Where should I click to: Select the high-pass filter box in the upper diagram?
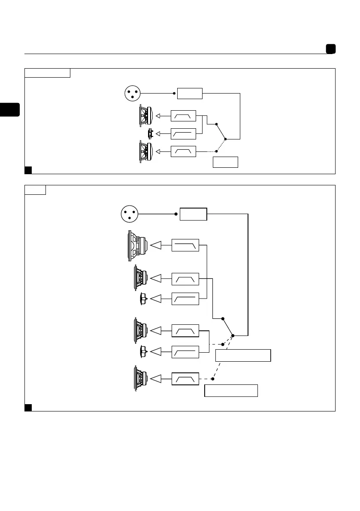[x=183, y=134]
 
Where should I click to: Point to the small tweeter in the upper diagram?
[x=150, y=134]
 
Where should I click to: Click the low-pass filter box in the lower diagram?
[x=185, y=245]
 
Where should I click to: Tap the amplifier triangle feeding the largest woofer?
[x=157, y=245]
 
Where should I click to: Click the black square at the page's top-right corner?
[x=330, y=49]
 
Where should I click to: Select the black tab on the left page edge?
[x=10, y=109]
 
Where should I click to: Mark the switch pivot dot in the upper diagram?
[x=225, y=139]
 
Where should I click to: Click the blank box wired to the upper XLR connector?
[x=190, y=93]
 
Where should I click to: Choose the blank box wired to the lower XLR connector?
[x=194, y=214]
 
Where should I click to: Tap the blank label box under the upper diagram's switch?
[x=225, y=162]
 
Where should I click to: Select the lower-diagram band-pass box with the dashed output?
[x=185, y=379]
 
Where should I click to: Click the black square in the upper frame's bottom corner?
[x=28, y=170]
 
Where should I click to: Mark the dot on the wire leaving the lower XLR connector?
[x=176, y=214]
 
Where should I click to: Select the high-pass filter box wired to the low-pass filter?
[x=185, y=298]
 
